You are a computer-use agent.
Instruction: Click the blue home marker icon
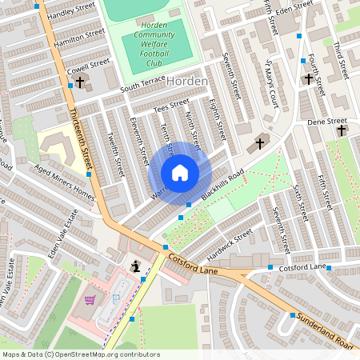point(180,173)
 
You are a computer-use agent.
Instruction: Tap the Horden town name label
point(189,82)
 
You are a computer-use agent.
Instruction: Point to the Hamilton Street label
point(78,38)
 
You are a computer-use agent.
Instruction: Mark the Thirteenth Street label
point(80,140)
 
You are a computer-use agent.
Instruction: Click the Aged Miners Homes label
point(65,183)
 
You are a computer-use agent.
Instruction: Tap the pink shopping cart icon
point(90,300)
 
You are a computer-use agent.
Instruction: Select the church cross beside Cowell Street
point(79,83)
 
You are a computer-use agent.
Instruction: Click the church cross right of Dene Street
point(342,130)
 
